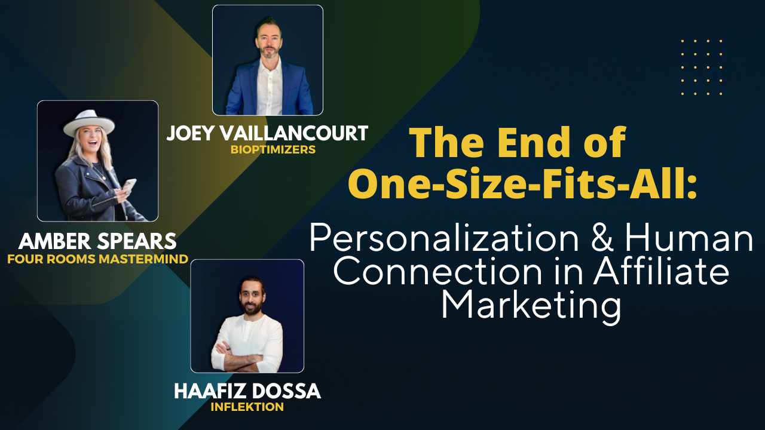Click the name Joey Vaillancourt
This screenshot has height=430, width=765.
click(267, 133)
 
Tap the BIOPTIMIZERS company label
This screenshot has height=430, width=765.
click(273, 150)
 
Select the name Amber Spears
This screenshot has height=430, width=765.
click(97, 241)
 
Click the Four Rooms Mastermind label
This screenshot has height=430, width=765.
click(97, 259)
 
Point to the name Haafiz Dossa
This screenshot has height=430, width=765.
click(247, 391)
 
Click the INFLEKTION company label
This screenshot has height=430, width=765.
click(247, 407)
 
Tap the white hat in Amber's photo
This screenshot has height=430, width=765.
click(88, 122)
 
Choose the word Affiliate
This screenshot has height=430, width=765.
click(661, 272)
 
